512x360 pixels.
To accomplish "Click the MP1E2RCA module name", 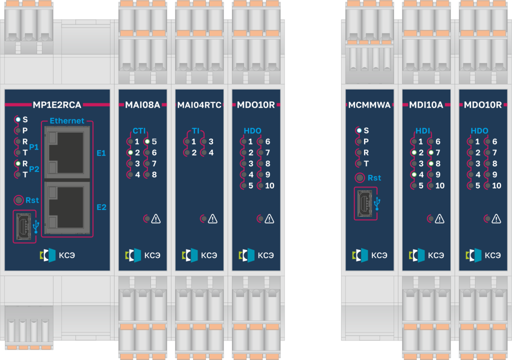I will [x=57, y=105].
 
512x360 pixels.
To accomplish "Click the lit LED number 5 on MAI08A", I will [x=147, y=141].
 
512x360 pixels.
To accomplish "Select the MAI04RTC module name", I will [x=199, y=105].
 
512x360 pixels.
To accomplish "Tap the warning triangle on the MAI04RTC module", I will [x=212, y=218].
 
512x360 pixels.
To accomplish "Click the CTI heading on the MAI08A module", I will [x=139, y=131].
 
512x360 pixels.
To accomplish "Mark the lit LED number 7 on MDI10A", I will [x=430, y=152].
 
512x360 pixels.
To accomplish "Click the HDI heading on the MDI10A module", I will [x=423, y=131].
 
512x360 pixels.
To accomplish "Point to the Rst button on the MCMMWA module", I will [x=359, y=177].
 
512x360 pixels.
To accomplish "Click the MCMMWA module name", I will [x=369, y=105].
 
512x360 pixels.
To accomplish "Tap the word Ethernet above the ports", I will [x=67, y=121].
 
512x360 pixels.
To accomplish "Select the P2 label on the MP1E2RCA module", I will [x=34, y=169].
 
